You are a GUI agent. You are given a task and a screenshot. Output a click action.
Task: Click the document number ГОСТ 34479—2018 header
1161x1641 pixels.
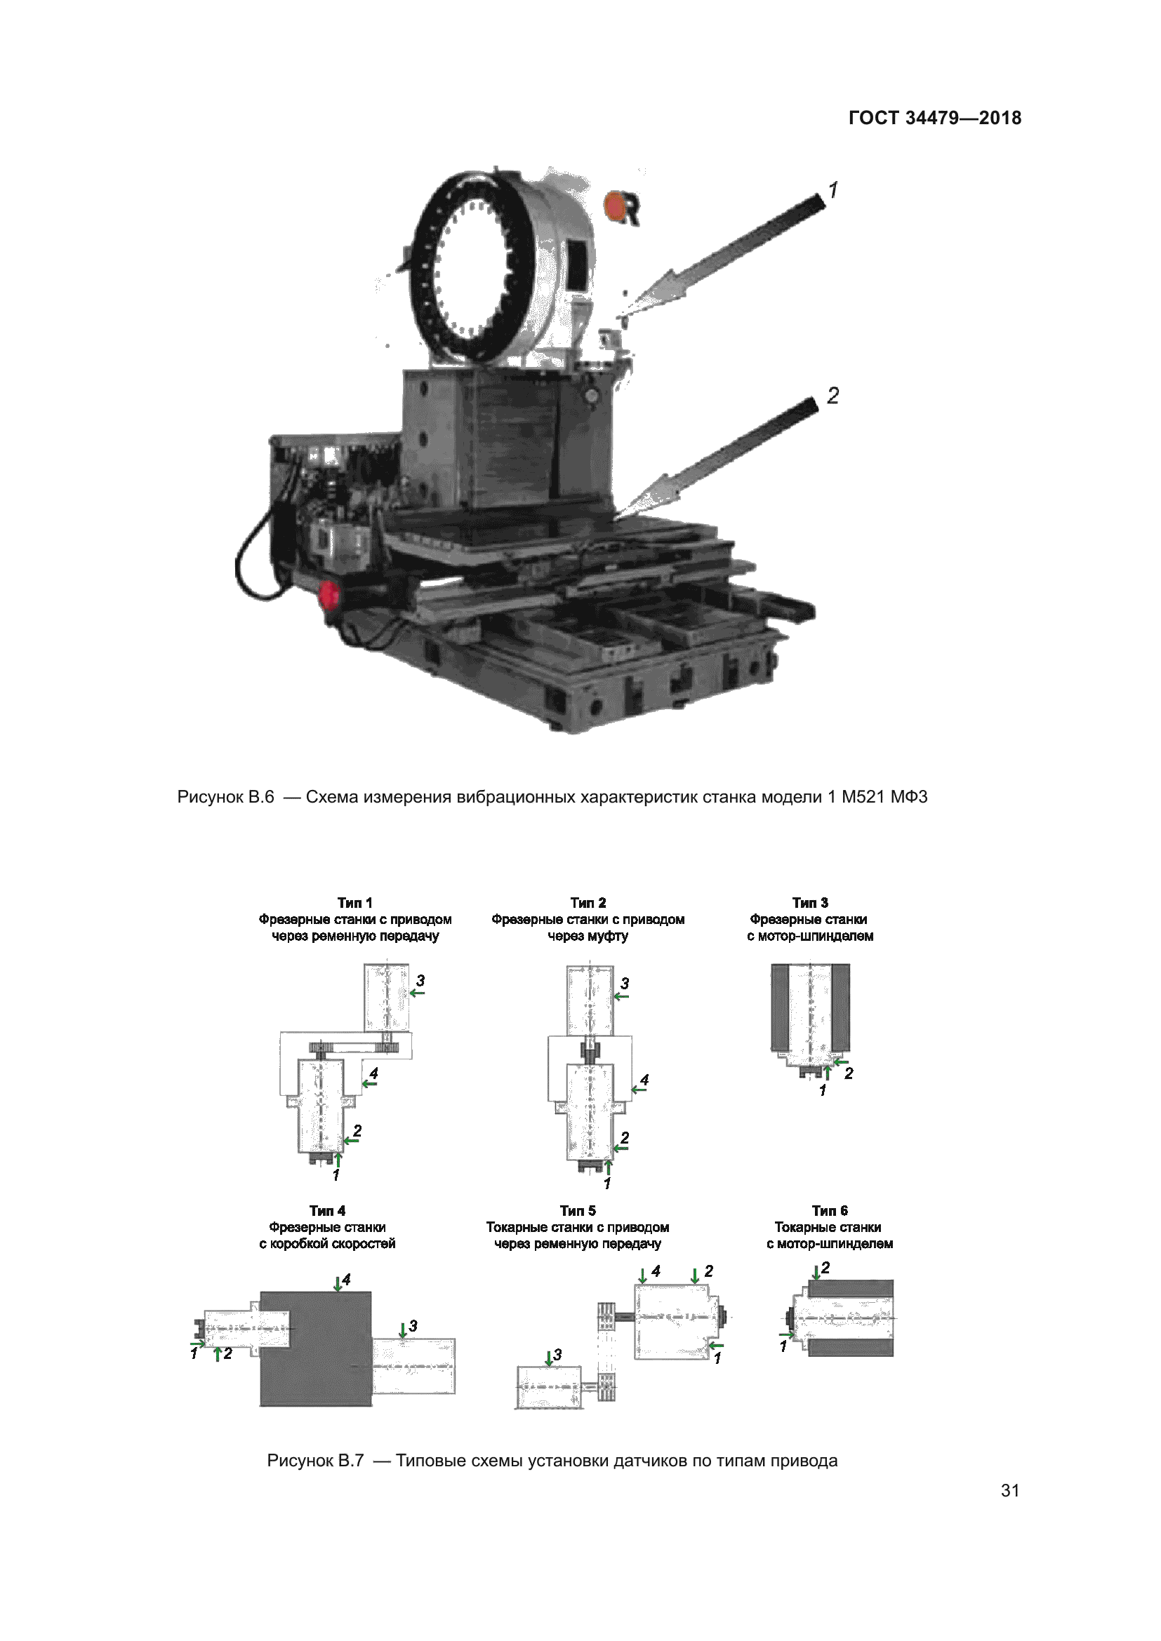coord(934,118)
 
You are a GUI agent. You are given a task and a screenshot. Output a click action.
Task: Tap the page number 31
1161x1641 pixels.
coord(1009,1490)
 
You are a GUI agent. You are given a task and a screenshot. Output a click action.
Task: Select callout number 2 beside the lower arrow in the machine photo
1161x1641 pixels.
coord(833,395)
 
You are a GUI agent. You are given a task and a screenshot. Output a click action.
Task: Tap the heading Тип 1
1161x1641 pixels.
coord(354,903)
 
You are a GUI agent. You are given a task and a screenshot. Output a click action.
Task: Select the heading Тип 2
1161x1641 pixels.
coord(588,903)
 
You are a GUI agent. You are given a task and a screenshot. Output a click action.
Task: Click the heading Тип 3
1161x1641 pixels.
coord(810,903)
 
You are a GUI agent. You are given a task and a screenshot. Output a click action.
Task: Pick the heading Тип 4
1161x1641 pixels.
coord(327,1210)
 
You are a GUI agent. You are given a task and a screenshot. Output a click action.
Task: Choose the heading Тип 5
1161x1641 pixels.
coord(578,1210)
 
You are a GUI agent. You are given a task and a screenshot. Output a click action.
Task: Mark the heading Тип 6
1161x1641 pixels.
coord(829,1210)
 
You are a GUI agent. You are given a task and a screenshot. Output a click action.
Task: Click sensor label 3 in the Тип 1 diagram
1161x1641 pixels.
coord(420,981)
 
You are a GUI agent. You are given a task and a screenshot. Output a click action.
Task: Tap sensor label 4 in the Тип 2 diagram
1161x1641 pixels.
coord(644,1080)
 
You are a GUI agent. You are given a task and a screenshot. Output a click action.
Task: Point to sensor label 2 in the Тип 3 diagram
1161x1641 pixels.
coord(849,1073)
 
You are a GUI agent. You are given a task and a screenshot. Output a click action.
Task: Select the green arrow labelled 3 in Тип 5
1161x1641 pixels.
coord(549,1359)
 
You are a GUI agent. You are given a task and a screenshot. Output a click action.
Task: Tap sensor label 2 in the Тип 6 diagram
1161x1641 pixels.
coord(825,1267)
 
